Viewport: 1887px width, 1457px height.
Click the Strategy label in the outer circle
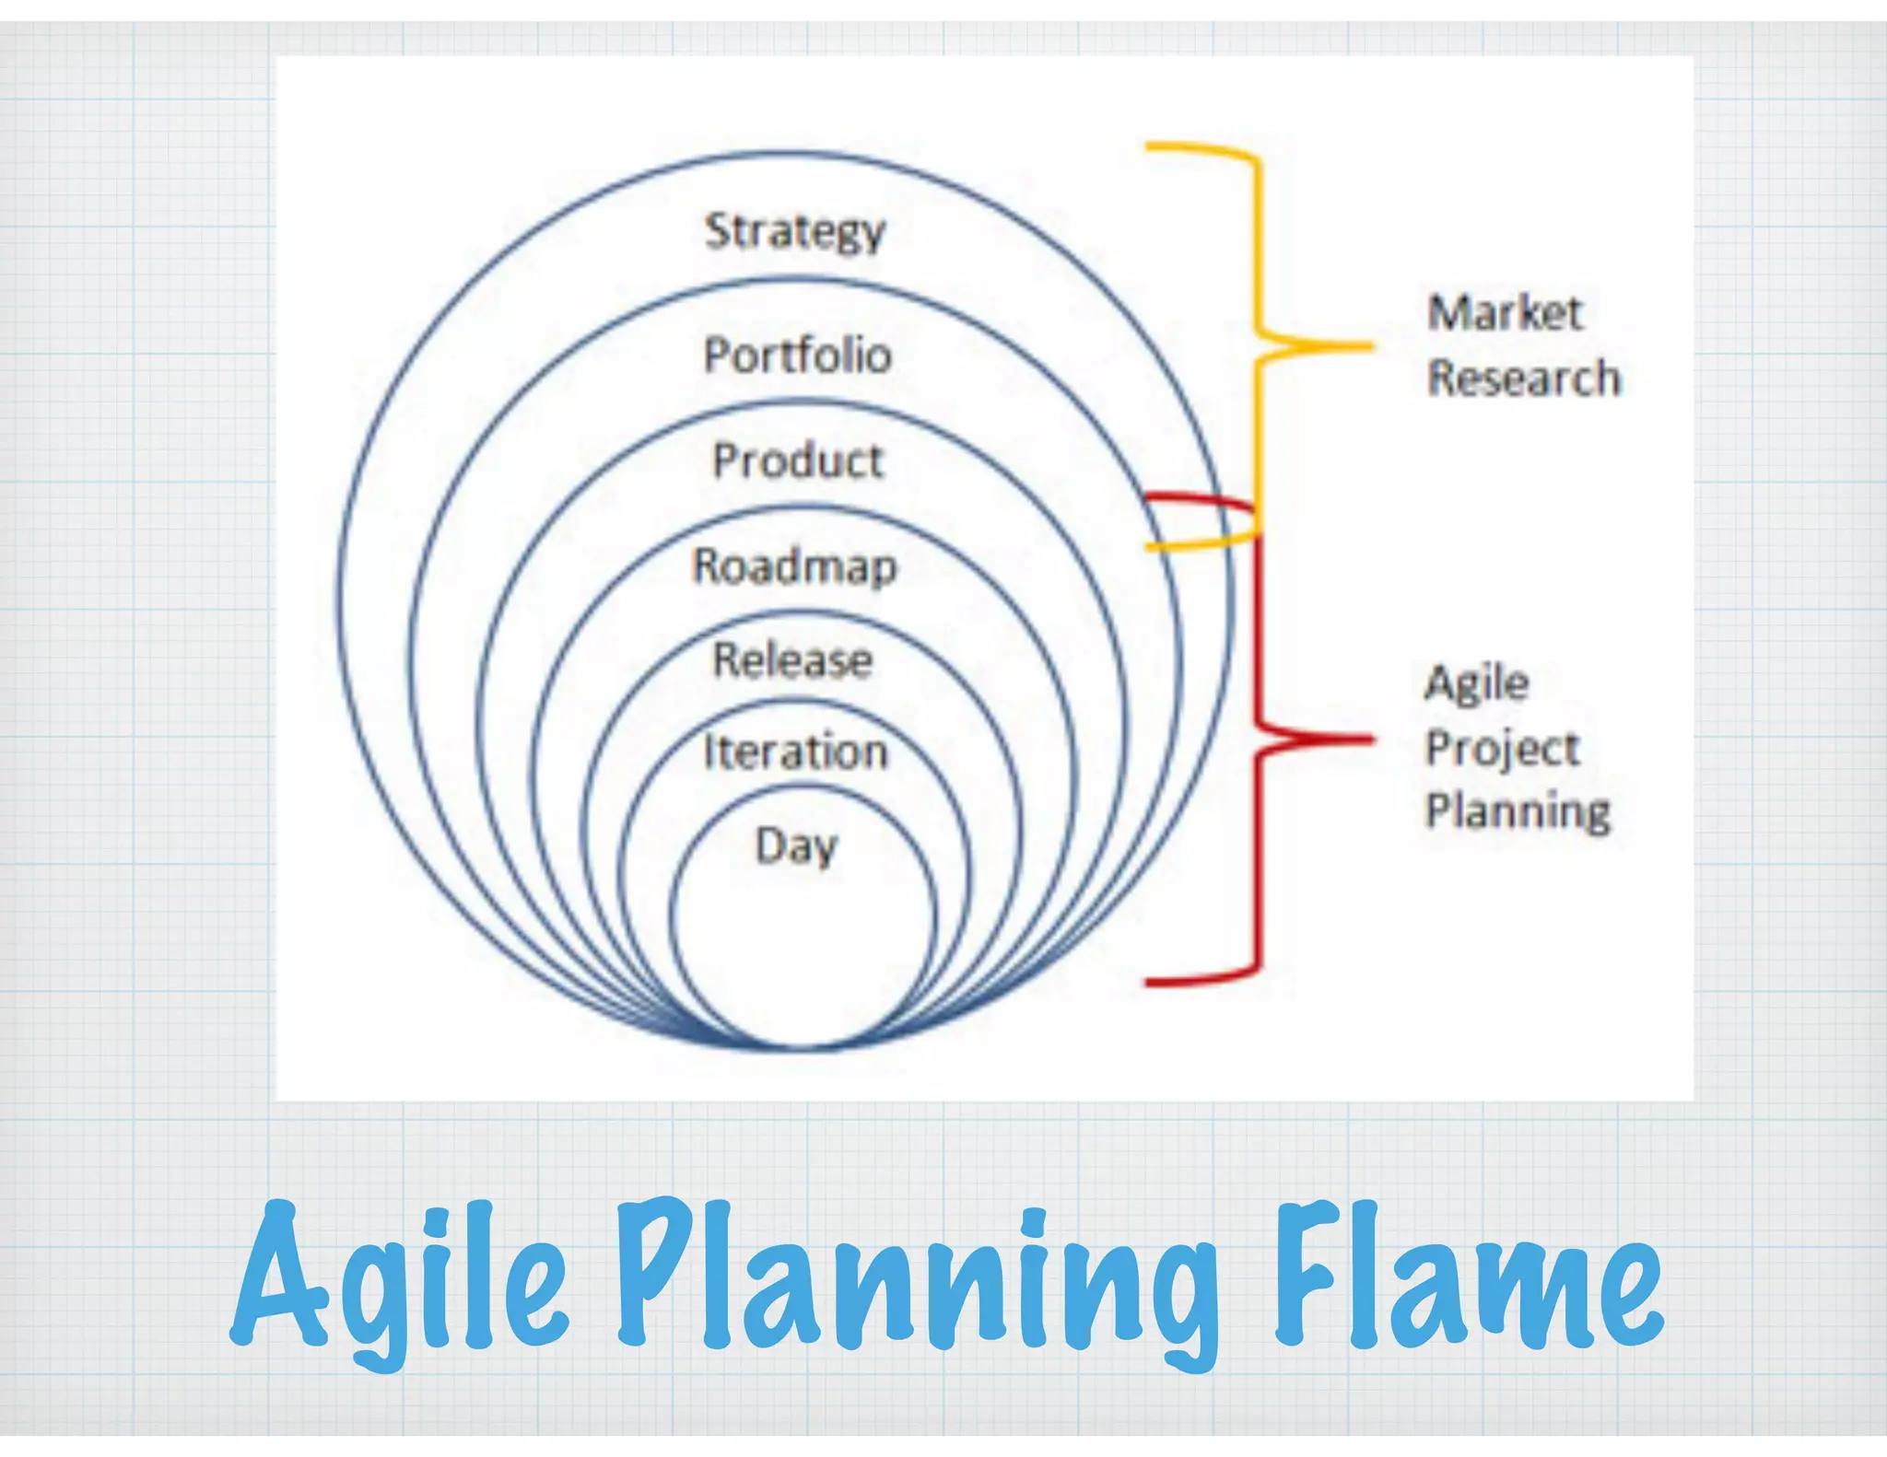794,231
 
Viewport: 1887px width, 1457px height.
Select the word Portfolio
798,356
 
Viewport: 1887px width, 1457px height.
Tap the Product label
798,460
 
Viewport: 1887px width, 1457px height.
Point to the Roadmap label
794,566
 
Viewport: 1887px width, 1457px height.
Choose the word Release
793,660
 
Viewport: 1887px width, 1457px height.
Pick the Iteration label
796,752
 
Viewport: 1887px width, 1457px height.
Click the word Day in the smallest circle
797,845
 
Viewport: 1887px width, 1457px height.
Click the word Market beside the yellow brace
1505,313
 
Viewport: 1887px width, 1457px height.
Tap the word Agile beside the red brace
1477,684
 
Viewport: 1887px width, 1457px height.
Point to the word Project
1503,748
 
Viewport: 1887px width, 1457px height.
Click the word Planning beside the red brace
1518,811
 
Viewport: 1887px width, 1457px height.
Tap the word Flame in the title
1470,1276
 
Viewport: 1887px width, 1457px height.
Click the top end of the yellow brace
1148,146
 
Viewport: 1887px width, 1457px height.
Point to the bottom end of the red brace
1148,983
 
